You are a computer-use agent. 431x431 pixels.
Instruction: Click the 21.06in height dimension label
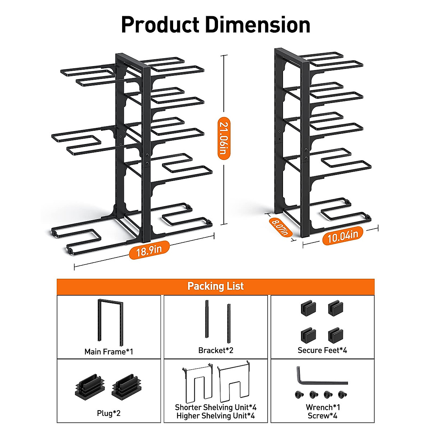click(224, 138)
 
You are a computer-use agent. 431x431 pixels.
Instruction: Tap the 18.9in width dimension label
click(149, 250)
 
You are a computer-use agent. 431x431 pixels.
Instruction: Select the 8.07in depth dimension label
click(280, 227)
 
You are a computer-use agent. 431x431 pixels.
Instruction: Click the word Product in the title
click(160, 25)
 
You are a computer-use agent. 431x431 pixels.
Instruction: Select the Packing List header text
click(215, 286)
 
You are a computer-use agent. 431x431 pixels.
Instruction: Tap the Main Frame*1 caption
click(108, 352)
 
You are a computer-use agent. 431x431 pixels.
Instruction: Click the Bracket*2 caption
click(215, 350)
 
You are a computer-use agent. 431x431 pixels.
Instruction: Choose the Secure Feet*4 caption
click(322, 350)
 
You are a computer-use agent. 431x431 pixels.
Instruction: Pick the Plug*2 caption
click(108, 413)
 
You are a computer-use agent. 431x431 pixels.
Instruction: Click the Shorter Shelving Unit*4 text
click(215, 407)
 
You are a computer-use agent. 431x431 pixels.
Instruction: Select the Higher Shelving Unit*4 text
click(215, 416)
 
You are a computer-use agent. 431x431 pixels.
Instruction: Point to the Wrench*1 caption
click(323, 407)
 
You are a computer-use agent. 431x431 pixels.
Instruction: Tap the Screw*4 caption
click(323, 416)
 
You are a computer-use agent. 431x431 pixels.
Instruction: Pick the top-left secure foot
click(308, 308)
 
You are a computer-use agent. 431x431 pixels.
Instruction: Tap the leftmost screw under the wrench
click(298, 395)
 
